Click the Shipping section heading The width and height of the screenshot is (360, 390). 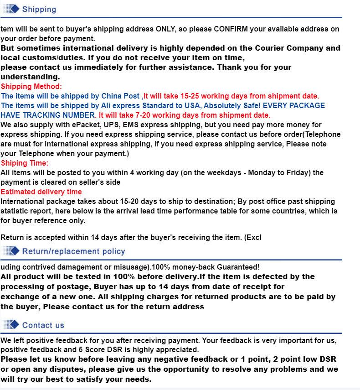(x=39, y=9)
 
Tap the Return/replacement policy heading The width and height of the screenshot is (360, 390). (x=73, y=251)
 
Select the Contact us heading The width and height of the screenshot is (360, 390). (x=43, y=325)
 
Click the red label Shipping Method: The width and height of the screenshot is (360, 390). (x=31, y=86)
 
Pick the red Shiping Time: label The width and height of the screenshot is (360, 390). (x=24, y=163)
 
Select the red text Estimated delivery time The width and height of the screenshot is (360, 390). (x=41, y=192)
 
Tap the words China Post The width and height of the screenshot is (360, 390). (x=120, y=96)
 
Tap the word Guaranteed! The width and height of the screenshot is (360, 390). (x=238, y=267)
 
